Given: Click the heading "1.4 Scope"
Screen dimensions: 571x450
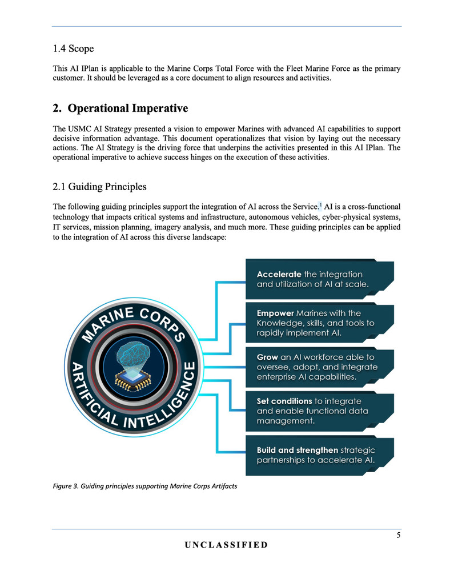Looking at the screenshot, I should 73,49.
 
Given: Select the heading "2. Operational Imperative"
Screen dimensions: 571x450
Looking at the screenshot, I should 120,108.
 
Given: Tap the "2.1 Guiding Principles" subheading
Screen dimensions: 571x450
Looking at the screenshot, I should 99,186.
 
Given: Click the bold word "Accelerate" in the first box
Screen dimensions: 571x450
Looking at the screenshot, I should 279,275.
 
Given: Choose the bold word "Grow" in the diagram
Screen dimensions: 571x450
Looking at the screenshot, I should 267,357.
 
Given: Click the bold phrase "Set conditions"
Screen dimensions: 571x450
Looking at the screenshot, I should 284,401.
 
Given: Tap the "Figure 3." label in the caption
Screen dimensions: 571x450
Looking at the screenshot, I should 65,486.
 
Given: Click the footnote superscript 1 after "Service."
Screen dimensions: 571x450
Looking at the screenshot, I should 320,204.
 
